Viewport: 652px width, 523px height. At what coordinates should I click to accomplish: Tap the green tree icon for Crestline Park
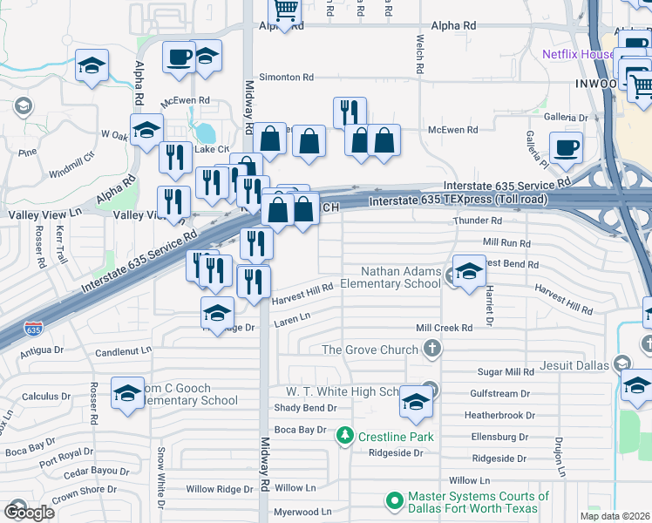(x=346, y=435)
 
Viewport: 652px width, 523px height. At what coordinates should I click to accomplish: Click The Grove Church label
(x=370, y=350)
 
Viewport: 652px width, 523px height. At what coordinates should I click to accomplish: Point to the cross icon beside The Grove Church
(x=431, y=350)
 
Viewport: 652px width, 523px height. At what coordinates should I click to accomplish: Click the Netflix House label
(x=578, y=53)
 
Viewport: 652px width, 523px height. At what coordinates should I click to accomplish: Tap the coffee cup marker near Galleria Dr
(x=566, y=149)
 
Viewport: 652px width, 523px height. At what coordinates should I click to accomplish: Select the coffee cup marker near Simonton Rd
(x=179, y=57)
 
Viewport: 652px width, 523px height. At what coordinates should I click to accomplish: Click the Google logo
(x=29, y=512)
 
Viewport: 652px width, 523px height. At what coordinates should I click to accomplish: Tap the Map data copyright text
(x=615, y=516)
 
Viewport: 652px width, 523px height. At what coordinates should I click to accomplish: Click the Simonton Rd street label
(x=283, y=78)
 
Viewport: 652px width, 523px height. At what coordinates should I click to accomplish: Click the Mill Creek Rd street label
(x=444, y=328)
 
